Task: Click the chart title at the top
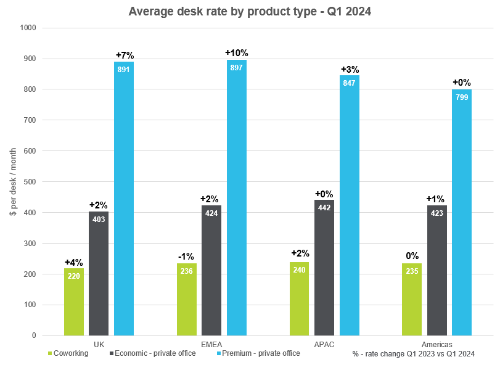[x=250, y=12]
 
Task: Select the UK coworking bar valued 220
[x=74, y=302]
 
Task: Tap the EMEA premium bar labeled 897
[x=237, y=197]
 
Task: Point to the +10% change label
[x=237, y=53]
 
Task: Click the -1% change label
[x=187, y=256]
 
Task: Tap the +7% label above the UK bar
[x=124, y=55]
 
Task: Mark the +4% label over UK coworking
[x=74, y=261]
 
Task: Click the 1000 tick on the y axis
[x=28, y=28]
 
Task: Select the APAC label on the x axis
[x=324, y=344]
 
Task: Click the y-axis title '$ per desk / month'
[x=13, y=182]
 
